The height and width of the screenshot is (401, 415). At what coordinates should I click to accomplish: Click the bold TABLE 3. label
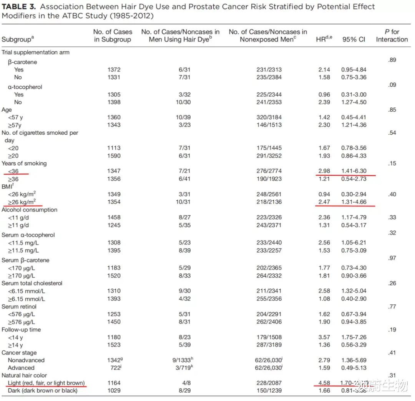point(19,7)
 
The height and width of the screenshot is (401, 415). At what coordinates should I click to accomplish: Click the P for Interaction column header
point(392,36)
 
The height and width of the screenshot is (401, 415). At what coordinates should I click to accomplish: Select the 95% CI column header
point(354,40)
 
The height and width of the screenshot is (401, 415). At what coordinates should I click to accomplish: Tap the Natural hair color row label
point(24,375)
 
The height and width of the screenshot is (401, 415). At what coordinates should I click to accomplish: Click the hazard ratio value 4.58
point(324,383)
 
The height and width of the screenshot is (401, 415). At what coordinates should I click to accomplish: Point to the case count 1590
point(114,156)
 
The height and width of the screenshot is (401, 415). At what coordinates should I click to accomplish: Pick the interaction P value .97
point(392,258)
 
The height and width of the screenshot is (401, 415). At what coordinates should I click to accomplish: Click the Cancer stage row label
point(19,353)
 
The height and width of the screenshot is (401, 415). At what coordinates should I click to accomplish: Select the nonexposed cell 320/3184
point(269,117)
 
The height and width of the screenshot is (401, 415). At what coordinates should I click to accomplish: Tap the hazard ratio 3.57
point(324,337)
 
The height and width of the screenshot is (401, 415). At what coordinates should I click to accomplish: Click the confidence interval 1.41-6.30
point(354,171)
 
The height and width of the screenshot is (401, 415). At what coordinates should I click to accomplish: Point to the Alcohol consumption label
point(30,210)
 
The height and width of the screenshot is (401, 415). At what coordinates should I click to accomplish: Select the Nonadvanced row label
point(26,360)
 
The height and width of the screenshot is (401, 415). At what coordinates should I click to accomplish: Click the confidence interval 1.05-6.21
point(354,243)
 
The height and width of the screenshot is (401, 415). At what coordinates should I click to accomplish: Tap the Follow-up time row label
point(21,330)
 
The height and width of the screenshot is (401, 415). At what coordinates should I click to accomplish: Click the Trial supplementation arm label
point(35,52)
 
